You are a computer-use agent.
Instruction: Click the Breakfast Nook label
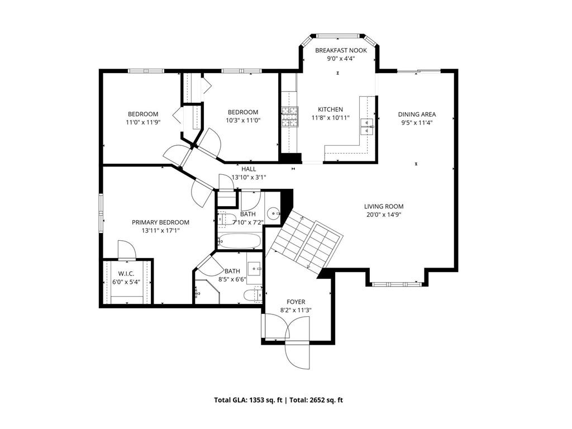[341, 50]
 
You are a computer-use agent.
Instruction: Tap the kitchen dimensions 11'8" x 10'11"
[331, 118]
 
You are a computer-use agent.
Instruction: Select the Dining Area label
[417, 114]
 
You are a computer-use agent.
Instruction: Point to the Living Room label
[384, 207]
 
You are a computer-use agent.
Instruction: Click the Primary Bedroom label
[160, 222]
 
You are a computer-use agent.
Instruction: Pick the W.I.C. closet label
[126, 274]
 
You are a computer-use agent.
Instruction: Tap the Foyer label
[296, 302]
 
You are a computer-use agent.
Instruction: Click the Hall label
[249, 169]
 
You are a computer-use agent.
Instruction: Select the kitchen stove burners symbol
[290, 117]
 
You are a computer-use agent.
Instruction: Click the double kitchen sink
[367, 127]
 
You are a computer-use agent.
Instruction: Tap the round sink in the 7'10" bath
[273, 213]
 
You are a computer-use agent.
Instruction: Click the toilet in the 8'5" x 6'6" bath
[253, 294]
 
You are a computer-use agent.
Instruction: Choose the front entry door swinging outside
[297, 356]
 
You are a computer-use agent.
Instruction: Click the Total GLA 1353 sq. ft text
[248, 400]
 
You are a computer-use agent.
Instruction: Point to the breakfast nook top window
[338, 36]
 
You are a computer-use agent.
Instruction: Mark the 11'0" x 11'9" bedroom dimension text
[144, 122]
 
